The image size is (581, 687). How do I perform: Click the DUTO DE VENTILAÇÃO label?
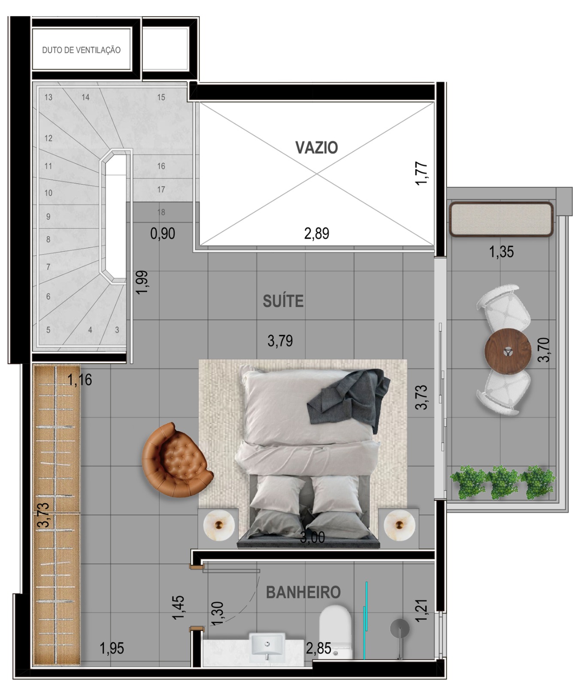[81, 50]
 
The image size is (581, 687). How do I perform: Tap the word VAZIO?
[317, 147]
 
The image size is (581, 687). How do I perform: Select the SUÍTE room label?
[283, 301]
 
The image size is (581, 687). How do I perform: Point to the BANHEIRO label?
[303, 592]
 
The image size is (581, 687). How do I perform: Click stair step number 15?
[161, 97]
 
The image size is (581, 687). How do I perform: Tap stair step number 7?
[48, 267]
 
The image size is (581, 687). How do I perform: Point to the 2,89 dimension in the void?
[317, 234]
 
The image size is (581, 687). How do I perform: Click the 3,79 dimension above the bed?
[280, 341]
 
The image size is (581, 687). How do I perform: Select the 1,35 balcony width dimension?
[501, 252]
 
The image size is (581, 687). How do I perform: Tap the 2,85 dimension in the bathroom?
[318, 648]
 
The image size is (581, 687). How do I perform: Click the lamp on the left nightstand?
[219, 525]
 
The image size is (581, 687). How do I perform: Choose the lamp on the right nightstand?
[399, 525]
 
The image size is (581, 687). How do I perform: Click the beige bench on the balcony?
[501, 219]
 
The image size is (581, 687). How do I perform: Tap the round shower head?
[399, 629]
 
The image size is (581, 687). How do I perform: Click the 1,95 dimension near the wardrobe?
[112, 648]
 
